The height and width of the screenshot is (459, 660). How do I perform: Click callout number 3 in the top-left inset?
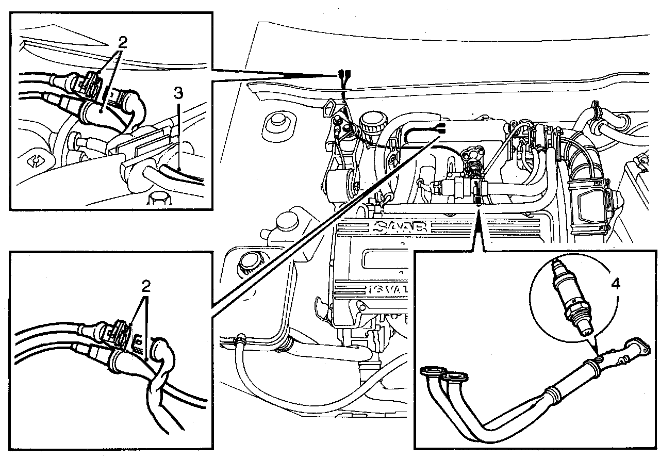(x=178, y=93)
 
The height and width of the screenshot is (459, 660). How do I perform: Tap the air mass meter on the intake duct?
(x=591, y=205)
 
